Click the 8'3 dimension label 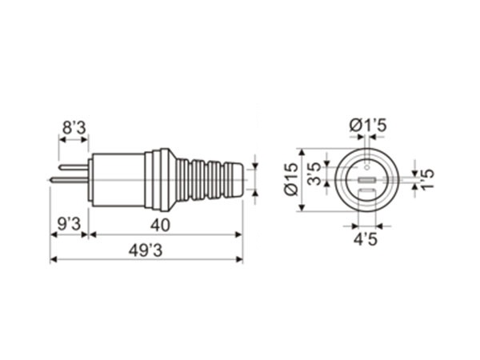point(74,128)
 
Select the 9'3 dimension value point(69,224)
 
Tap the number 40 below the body point(160,226)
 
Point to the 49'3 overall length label point(146,251)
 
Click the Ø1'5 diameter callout point(368,126)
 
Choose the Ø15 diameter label point(291,179)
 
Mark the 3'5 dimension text point(314,174)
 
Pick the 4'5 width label point(366,239)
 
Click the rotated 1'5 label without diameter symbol point(428,179)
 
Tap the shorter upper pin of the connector point(74,167)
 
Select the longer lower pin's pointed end point(51,180)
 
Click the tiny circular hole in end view point(367,167)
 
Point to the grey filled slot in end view point(367,180)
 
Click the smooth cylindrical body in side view point(118,180)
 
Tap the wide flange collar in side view point(165,180)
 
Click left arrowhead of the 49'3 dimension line point(54,259)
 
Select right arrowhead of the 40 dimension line point(238,234)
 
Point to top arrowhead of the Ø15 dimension point(302,153)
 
